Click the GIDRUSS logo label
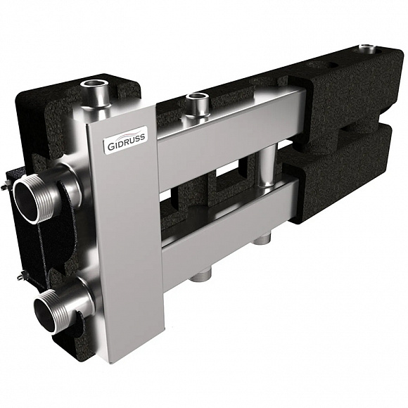(127, 139)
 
